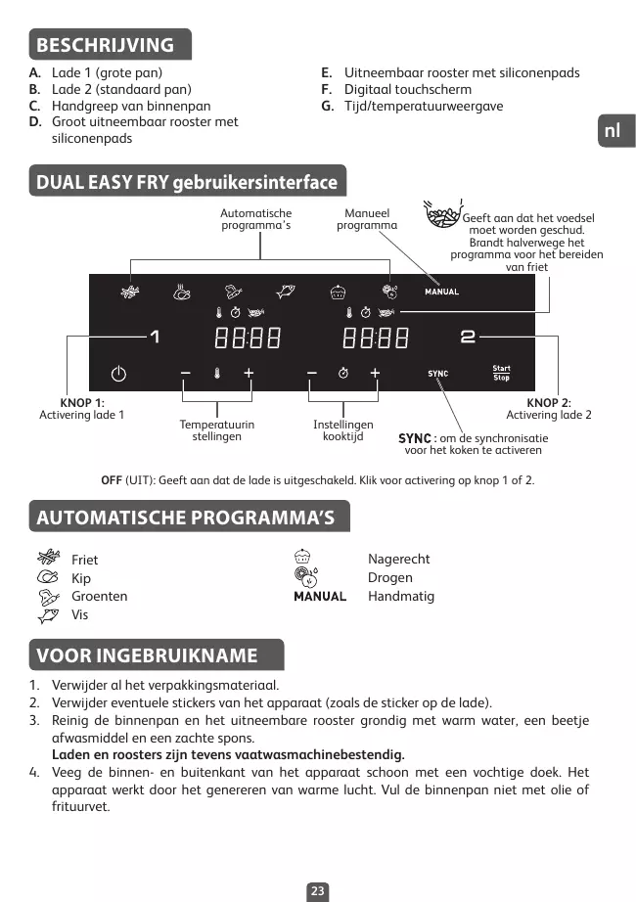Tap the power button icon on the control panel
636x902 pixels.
tap(118, 374)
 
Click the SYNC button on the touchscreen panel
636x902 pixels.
tap(437, 374)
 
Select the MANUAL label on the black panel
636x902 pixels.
tap(441, 292)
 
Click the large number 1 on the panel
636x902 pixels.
tap(154, 338)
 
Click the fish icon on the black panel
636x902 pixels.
tap(286, 291)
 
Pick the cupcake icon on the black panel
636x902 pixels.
tap(339, 291)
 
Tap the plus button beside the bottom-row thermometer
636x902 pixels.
tap(249, 373)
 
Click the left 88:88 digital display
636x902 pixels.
tap(248, 338)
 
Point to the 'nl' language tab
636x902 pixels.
tap(613, 131)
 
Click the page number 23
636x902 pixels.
tap(317, 891)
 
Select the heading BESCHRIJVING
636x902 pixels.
tap(105, 45)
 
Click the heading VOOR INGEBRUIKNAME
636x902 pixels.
tap(147, 655)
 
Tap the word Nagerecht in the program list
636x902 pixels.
tap(398, 559)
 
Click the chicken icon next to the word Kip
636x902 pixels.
tap(48, 578)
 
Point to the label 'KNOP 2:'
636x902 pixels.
tap(549, 402)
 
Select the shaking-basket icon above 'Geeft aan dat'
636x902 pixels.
tap(441, 214)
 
